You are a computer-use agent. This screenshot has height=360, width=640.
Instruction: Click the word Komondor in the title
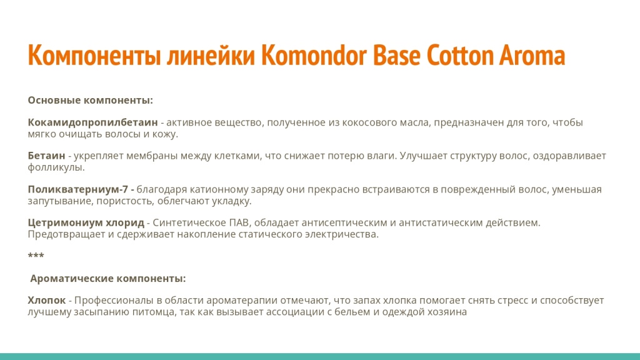point(314,55)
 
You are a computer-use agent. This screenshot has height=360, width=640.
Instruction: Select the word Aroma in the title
point(532,56)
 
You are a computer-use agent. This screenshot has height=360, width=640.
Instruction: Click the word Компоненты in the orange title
point(94,56)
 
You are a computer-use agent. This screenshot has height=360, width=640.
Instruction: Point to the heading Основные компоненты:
point(90,101)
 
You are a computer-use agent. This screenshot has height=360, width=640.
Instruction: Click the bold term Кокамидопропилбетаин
point(92,122)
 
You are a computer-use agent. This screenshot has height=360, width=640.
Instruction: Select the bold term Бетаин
point(46,156)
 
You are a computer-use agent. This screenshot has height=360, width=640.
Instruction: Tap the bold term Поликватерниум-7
point(78,189)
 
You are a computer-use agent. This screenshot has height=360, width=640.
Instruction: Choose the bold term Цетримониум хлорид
point(86,223)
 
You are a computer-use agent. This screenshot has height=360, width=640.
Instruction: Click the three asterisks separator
point(36,256)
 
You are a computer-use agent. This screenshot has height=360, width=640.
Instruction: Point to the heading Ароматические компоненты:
point(107,278)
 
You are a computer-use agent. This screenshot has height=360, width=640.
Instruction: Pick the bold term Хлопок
point(46,301)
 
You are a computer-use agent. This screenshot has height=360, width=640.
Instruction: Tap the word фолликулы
point(56,167)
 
